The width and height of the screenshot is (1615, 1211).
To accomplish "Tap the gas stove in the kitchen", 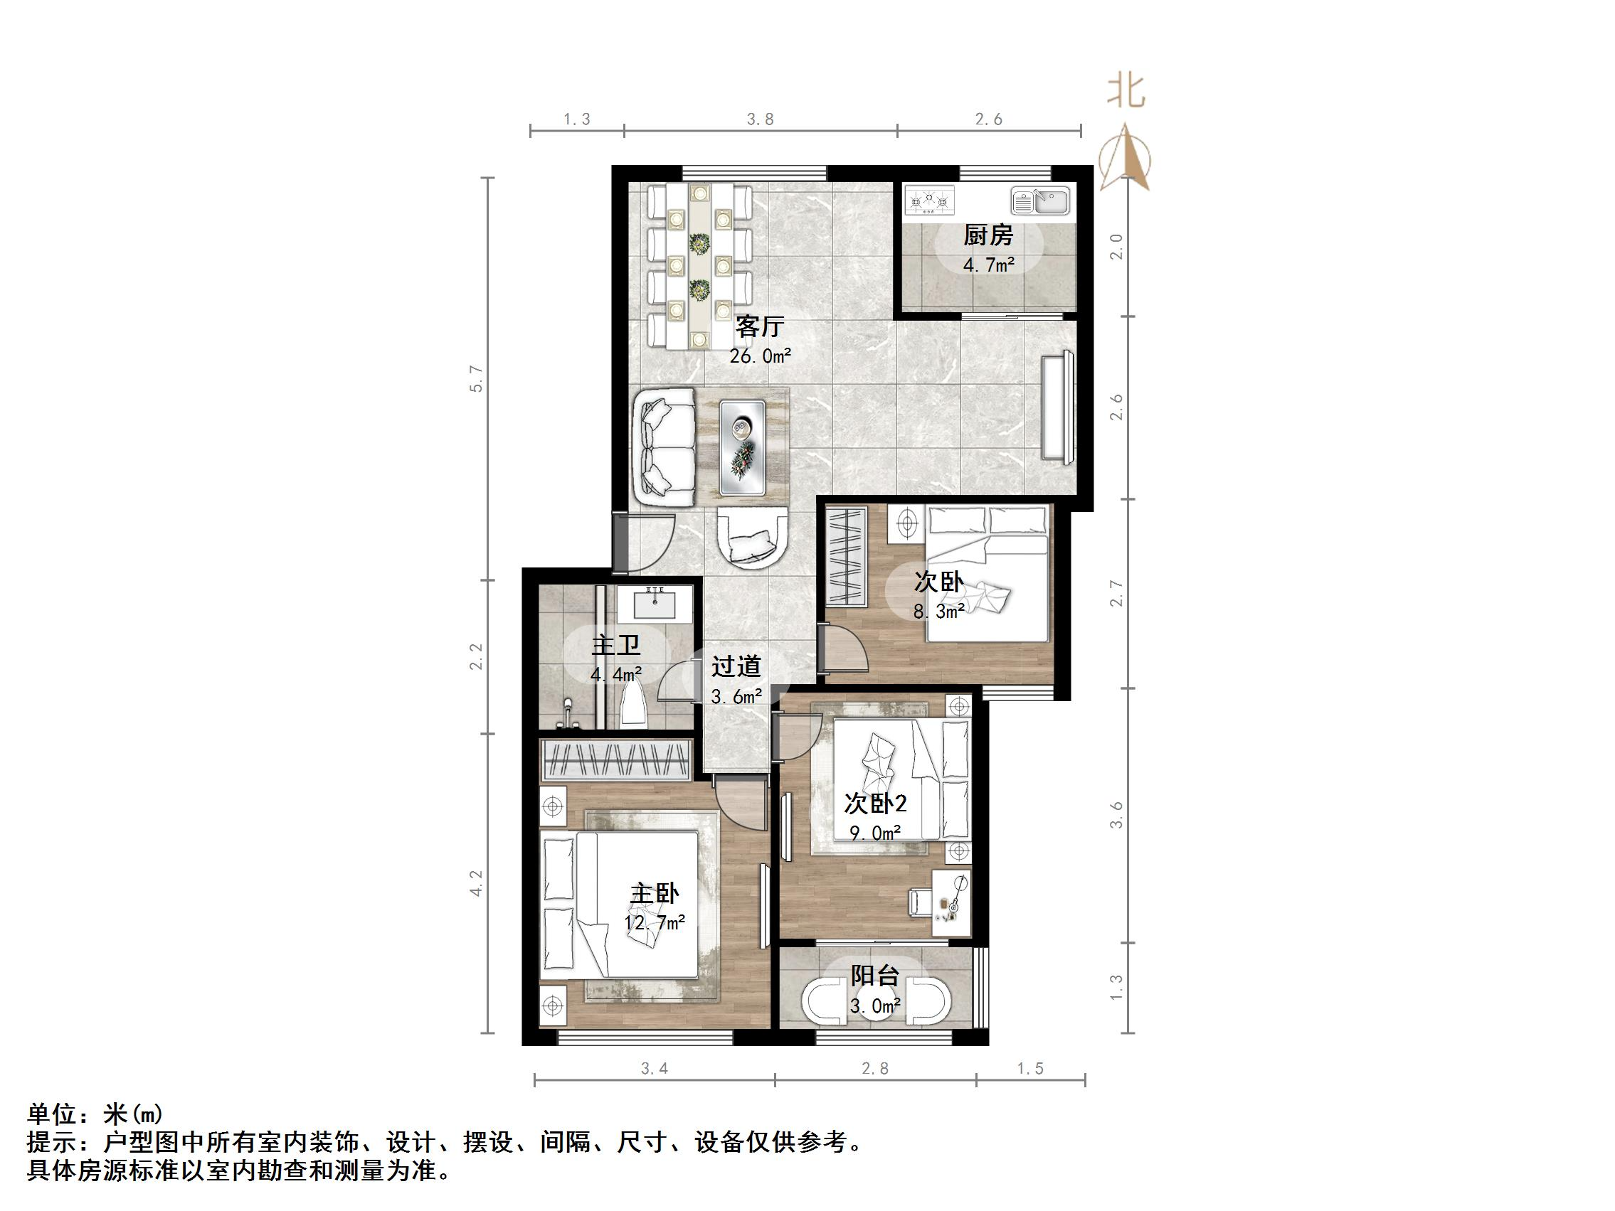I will [x=929, y=201].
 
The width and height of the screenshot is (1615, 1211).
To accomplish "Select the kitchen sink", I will [x=1040, y=201].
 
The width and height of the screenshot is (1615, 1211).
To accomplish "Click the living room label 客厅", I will [x=759, y=326].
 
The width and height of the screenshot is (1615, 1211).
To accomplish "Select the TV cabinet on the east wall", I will [x=1059, y=407].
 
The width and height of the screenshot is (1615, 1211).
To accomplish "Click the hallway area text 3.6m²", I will [x=736, y=696].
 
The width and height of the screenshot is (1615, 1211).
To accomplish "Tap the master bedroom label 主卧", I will [x=654, y=894].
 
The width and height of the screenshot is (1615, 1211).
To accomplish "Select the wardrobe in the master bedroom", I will [x=615, y=760].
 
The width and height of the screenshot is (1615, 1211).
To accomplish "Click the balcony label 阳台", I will [x=874, y=975].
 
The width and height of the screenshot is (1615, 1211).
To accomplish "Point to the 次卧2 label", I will [x=874, y=804].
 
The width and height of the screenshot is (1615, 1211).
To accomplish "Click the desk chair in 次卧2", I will [x=918, y=901].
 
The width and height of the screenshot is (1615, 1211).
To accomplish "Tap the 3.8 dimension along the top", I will [x=760, y=119].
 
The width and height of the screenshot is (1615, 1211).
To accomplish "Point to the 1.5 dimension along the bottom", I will [x=1030, y=1069].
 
